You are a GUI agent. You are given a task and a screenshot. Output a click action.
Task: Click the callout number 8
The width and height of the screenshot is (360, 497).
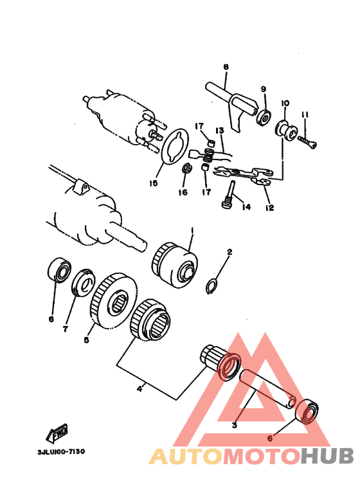pyautogui.click(x=226, y=67)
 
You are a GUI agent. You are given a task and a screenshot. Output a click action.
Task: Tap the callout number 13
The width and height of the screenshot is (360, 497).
pyautogui.click(x=220, y=131)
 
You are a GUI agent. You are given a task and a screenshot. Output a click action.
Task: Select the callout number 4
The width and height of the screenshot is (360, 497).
pyautogui.click(x=139, y=388)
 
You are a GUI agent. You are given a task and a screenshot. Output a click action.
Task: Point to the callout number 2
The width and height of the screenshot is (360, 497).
pyautogui.click(x=230, y=252)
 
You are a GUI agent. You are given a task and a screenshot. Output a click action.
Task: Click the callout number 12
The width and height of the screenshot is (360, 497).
pyautogui.click(x=270, y=208)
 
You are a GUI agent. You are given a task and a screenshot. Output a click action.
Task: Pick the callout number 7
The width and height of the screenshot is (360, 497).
pyautogui.click(x=66, y=329)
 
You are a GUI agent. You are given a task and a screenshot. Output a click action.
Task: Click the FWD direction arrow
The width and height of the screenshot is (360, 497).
pyautogui.click(x=57, y=433)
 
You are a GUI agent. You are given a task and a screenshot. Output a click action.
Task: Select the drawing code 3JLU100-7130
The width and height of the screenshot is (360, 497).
pyautogui.click(x=61, y=451)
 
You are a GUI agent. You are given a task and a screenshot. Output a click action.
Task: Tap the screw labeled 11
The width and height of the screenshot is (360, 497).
pyautogui.click(x=307, y=141)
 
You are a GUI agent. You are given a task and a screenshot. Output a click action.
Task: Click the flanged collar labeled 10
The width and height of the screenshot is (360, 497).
pyautogui.click(x=287, y=130)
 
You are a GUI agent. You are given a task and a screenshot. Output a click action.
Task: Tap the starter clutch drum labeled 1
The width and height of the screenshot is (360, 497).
pyautogui.click(x=176, y=265)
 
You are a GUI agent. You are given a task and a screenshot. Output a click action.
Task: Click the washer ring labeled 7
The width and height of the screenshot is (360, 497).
pyautogui.click(x=82, y=283)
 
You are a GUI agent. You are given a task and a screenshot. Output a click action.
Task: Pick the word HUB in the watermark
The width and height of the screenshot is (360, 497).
pyautogui.click(x=327, y=456)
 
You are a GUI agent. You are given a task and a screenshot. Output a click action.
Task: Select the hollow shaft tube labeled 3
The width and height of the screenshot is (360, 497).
pyautogui.click(x=268, y=390)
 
